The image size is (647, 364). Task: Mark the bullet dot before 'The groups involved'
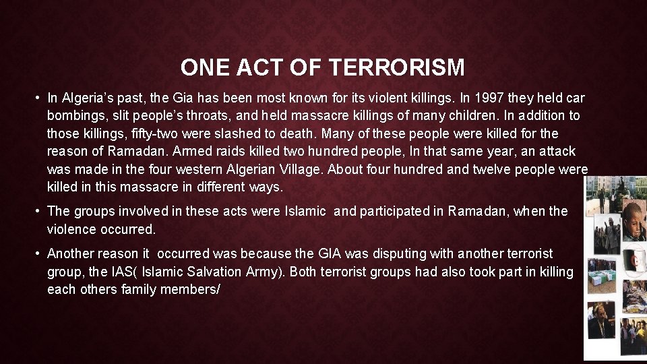click(38, 211)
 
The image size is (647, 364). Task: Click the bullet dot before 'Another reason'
click(38, 253)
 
